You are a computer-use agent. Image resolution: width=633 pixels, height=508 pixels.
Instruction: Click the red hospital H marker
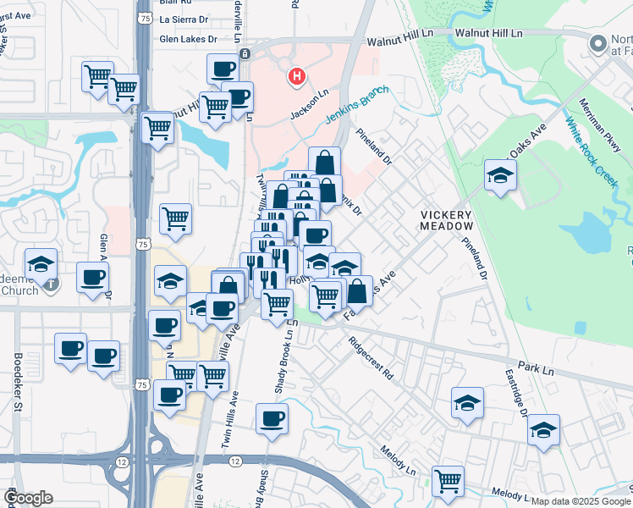(296, 78)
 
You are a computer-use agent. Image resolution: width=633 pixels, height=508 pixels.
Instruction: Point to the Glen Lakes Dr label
(189, 38)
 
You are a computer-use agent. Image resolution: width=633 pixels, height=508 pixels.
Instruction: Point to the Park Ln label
(536, 369)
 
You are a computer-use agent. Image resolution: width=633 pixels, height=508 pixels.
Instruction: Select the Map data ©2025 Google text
(581, 501)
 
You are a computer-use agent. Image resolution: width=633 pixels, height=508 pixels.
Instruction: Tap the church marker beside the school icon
(51, 283)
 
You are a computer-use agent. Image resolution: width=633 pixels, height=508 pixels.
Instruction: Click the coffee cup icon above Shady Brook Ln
(272, 418)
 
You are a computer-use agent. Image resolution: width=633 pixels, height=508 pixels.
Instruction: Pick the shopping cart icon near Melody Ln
(448, 481)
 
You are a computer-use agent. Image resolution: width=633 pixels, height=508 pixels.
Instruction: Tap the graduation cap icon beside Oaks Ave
(500, 175)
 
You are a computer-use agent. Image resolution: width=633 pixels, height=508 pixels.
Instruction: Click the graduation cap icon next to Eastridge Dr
(544, 429)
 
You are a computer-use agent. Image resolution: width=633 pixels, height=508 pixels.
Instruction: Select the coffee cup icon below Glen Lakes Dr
(223, 68)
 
